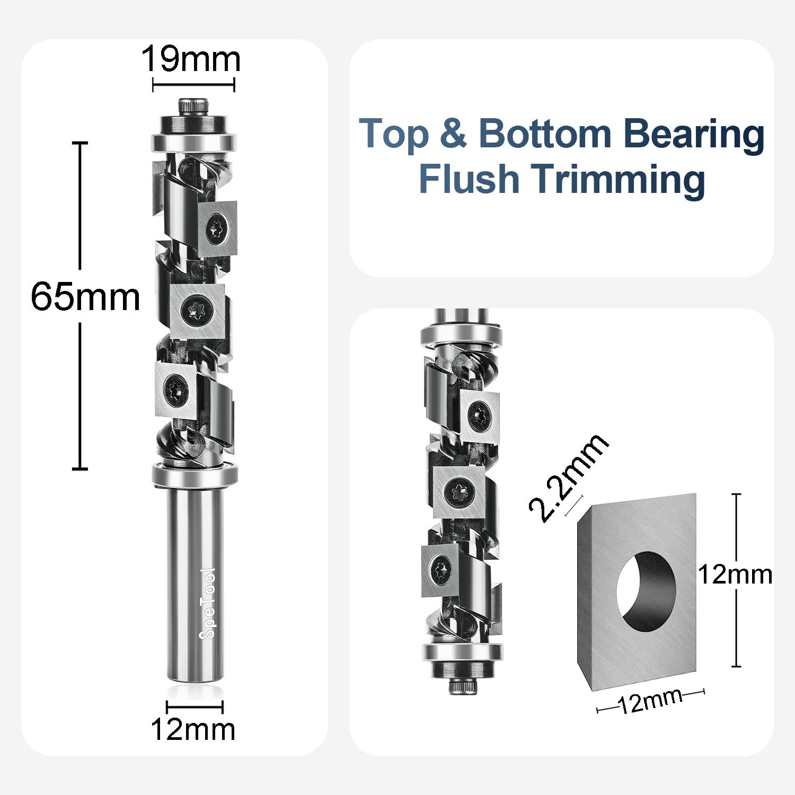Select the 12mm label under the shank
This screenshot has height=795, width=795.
click(x=193, y=729)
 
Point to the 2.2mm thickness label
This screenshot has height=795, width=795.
click(x=568, y=477)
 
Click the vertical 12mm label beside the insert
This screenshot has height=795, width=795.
click(x=735, y=575)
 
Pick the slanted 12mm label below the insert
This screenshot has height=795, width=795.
click(x=651, y=701)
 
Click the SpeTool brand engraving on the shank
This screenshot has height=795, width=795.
click(x=207, y=603)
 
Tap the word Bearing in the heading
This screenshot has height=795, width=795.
click(x=693, y=134)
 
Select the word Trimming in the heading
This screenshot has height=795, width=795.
click(x=618, y=179)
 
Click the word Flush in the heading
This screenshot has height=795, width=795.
click(x=469, y=179)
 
